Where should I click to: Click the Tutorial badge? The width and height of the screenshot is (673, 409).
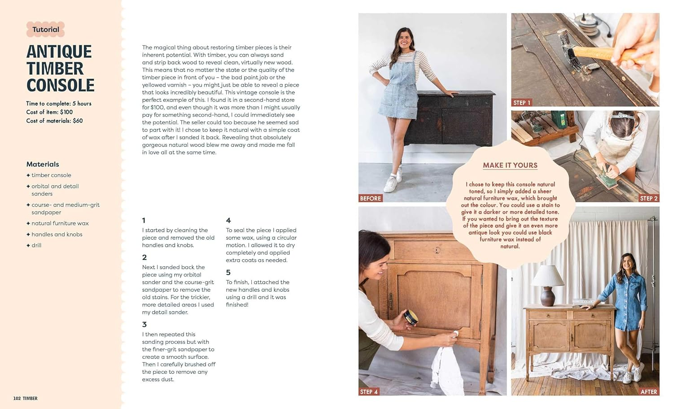(x=45, y=30)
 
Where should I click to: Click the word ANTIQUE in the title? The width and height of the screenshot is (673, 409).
(x=59, y=52)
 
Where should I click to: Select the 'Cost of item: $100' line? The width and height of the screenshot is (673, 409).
(x=49, y=112)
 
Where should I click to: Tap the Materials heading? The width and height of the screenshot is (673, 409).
(x=43, y=164)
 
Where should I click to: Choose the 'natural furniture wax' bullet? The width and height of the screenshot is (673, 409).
(x=60, y=223)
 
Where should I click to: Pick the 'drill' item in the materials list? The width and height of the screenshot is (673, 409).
(x=36, y=245)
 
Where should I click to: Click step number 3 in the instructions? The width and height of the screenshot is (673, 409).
(x=144, y=324)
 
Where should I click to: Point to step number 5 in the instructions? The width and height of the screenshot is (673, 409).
(x=228, y=272)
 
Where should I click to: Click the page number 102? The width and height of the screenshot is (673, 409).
(x=17, y=398)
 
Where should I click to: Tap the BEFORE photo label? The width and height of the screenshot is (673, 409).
(x=370, y=198)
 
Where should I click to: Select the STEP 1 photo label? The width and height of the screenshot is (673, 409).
(x=521, y=103)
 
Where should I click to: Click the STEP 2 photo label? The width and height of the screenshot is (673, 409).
(x=648, y=198)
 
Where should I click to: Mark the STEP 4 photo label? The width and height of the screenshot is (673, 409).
(x=369, y=392)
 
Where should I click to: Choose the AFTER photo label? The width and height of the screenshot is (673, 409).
(x=648, y=392)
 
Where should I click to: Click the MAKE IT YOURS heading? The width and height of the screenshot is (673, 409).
(x=510, y=165)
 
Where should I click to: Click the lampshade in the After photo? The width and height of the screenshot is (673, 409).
(x=547, y=275)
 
